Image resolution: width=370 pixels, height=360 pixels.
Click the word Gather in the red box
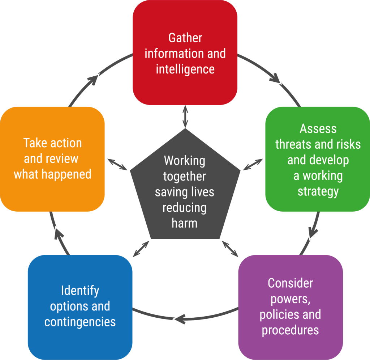[x=185, y=38]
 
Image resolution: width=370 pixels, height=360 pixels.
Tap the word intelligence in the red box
[x=185, y=69]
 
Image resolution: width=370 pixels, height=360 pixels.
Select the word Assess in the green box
[x=318, y=128]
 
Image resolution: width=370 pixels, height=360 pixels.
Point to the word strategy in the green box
[x=318, y=191]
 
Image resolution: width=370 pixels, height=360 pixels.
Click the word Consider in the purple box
[x=290, y=283]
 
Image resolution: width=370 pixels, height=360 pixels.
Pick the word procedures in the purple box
[x=290, y=330]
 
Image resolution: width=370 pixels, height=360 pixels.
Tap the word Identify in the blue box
[x=80, y=291]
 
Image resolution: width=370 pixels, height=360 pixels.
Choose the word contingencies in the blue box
[x=80, y=322]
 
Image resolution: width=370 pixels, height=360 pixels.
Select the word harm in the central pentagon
[x=185, y=223]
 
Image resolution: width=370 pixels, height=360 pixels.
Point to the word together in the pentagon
[x=185, y=176]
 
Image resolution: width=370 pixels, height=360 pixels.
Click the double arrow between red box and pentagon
[x=185, y=117]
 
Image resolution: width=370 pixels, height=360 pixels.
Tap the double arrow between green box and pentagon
[x=253, y=164]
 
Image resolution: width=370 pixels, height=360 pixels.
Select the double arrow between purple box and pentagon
[x=230, y=248]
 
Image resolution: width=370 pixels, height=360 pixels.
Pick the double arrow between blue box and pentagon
[x=141, y=249]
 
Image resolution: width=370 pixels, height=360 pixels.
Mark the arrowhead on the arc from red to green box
[x=277, y=79]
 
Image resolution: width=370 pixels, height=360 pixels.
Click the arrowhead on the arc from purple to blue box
[x=179, y=319]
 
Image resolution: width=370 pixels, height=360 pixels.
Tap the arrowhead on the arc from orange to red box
[x=94, y=79]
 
